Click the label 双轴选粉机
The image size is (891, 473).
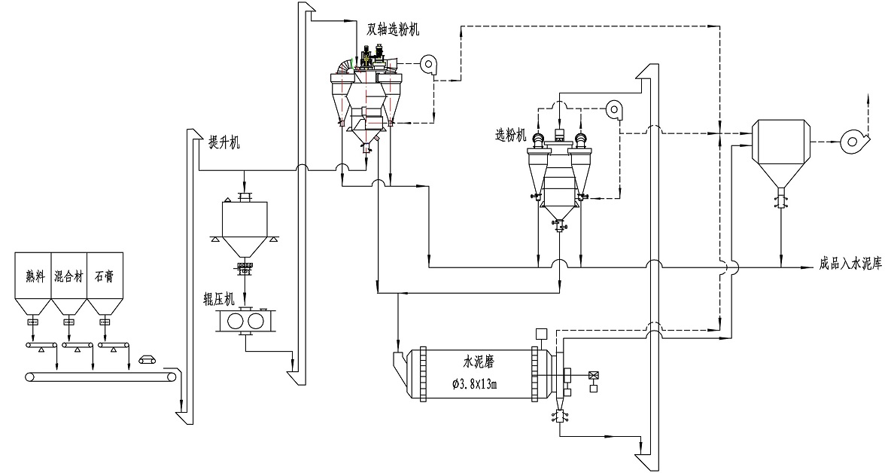tap(394, 29)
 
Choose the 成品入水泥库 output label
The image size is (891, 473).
tap(850, 266)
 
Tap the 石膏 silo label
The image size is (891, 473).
tap(104, 276)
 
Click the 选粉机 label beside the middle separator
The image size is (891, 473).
tap(511, 135)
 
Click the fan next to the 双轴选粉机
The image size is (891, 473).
tap(430, 65)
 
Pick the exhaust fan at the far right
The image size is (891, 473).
tap(853, 139)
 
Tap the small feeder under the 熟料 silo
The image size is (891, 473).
tap(32, 323)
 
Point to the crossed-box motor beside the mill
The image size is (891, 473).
tap(595, 374)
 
